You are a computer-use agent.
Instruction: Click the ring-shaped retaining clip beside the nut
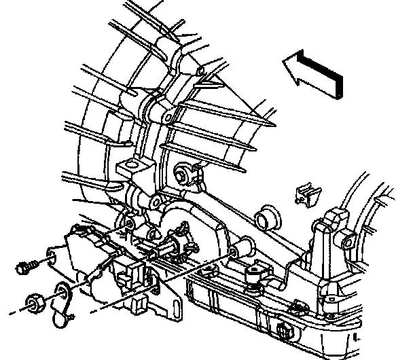(x=63, y=295)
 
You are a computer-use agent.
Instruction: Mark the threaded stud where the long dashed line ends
(x=234, y=253)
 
